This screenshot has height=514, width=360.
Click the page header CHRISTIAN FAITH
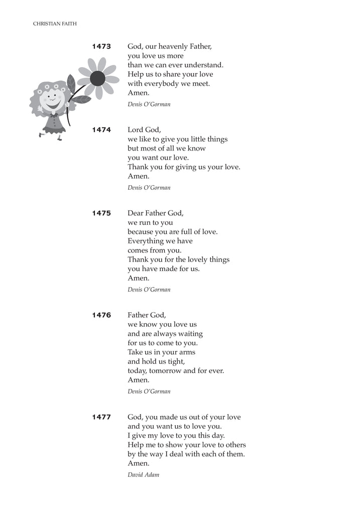(55, 24)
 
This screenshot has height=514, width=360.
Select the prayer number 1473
(101, 47)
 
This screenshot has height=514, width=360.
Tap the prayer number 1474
(101, 130)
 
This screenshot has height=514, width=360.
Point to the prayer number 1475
(101, 213)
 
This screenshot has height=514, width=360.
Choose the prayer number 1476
(101, 315)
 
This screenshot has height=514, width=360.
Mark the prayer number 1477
(101, 417)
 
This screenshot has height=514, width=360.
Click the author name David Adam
(143, 474)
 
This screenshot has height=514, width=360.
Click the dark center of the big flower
(97, 78)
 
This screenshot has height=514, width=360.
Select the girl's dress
(54, 123)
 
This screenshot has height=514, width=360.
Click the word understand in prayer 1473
(203, 65)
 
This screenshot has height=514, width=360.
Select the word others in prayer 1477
(234, 445)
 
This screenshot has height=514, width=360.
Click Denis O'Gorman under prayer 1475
(149, 290)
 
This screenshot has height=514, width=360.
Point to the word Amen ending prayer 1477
(138, 464)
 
